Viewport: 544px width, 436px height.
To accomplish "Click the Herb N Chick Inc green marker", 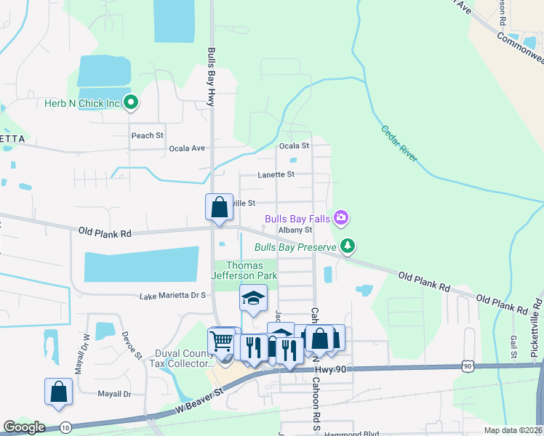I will coord(131,103).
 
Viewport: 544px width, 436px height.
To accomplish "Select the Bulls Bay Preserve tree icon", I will coord(348,247).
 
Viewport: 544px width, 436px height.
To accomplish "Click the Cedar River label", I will coord(399,143).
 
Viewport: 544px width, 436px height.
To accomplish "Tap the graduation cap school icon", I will coord(253,298).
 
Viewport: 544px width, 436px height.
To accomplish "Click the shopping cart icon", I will coord(221,340).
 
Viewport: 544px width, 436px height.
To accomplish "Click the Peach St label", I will coord(147,136).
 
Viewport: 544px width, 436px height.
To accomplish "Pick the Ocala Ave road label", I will coord(187,148).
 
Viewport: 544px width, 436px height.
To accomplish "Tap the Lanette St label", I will coord(276,174).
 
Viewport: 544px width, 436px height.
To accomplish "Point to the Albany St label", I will coord(295,230).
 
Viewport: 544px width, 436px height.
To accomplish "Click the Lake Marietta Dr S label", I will coord(173,296).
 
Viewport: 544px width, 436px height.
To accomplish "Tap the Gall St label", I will coord(513,342).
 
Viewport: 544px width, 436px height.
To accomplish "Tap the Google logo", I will coord(24,427).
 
